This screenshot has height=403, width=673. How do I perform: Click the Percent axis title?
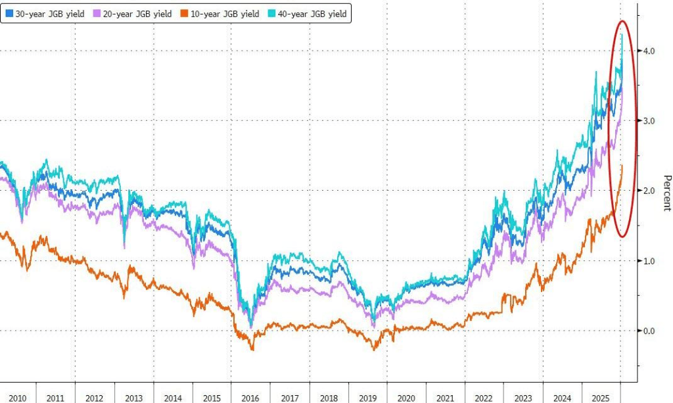(x=666, y=193)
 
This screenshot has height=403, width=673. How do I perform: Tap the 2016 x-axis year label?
(x=250, y=398)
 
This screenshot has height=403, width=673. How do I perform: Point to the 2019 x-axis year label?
(x=367, y=398)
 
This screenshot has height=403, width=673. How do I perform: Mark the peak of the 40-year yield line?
(x=622, y=34)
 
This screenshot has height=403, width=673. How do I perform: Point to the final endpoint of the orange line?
(x=622, y=165)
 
